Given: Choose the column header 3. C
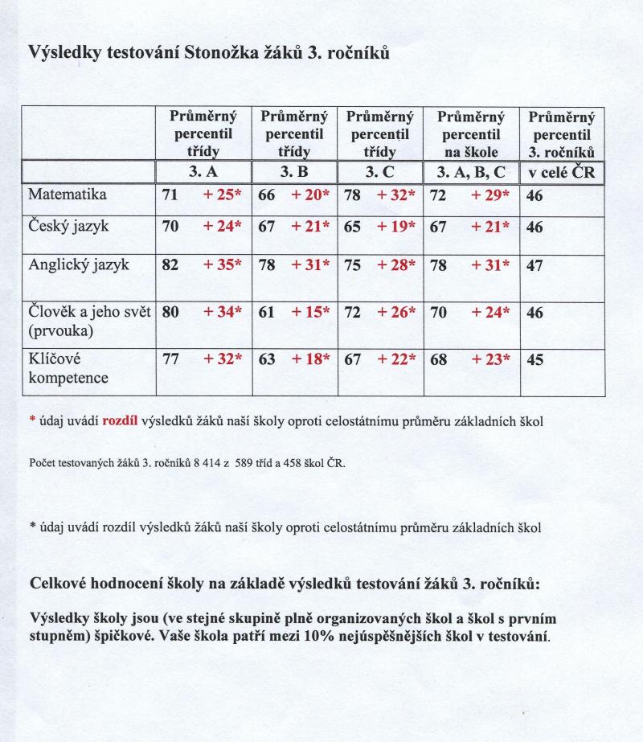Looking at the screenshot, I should pyautogui.click(x=379, y=171).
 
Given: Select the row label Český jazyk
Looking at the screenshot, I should pyautogui.click(x=68, y=227).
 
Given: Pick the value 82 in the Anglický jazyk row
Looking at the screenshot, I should pyautogui.click(x=170, y=266).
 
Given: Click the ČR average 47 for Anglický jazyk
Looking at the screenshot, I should pyautogui.click(x=534, y=266).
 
